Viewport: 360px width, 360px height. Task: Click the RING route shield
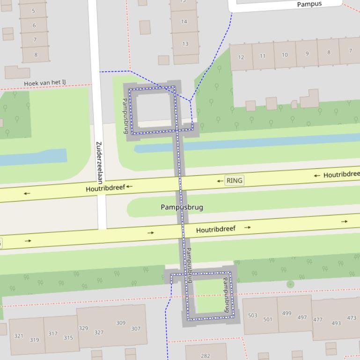tap(234, 180)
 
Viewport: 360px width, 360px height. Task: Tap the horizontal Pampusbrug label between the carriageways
tap(182, 207)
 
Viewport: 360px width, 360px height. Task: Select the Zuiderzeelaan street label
tap(99, 162)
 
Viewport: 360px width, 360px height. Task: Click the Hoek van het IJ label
tap(45, 83)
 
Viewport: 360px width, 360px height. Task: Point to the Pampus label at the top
tap(309, 4)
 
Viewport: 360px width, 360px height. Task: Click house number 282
tap(206, 356)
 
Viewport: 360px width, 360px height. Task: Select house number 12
tap(241, 58)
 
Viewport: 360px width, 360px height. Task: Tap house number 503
tap(253, 315)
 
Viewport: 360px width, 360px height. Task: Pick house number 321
tap(19, 336)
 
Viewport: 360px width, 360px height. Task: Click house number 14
tap(184, 22)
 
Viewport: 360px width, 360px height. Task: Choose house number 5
tap(33, 11)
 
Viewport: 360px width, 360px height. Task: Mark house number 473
tap(352, 318)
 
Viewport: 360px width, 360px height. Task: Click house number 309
tap(121, 323)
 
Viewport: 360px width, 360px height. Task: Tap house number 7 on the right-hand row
tap(350, 51)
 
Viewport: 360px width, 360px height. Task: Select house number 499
tap(287, 313)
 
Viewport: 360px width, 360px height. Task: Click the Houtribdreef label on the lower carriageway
tap(215, 230)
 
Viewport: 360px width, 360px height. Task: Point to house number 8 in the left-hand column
tap(36, 55)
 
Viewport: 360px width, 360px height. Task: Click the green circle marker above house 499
tap(290, 284)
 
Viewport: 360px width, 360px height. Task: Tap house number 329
tap(83, 328)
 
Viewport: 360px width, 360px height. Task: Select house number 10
tap(285, 55)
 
